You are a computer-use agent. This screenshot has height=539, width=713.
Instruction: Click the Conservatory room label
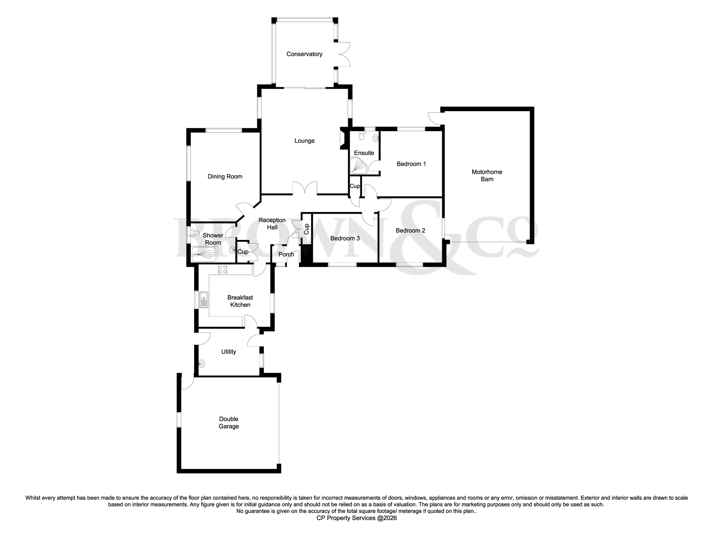[304, 54]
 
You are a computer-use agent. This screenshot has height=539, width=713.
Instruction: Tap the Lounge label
[304, 141]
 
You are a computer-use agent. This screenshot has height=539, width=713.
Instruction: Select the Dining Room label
[225, 177]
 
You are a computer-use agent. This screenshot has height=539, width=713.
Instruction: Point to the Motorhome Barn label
[487, 176]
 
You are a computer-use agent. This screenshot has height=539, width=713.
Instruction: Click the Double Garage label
[229, 423]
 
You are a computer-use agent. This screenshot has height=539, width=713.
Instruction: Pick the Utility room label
[229, 352]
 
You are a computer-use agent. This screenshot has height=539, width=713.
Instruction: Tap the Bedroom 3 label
[345, 238]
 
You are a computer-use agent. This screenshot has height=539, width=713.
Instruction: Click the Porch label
[286, 255]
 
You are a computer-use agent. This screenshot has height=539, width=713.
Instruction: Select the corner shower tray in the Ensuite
[358, 166]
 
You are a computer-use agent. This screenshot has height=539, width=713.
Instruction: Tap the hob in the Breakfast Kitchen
[222, 270]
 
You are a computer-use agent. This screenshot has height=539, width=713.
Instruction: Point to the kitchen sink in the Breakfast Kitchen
[204, 300]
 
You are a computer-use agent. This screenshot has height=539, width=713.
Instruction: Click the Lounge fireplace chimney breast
[343, 139]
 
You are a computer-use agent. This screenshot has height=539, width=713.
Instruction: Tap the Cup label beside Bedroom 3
[307, 229]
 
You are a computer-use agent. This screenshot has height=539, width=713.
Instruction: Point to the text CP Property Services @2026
[356, 518]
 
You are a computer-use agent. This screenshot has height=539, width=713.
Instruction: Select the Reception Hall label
[272, 224]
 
